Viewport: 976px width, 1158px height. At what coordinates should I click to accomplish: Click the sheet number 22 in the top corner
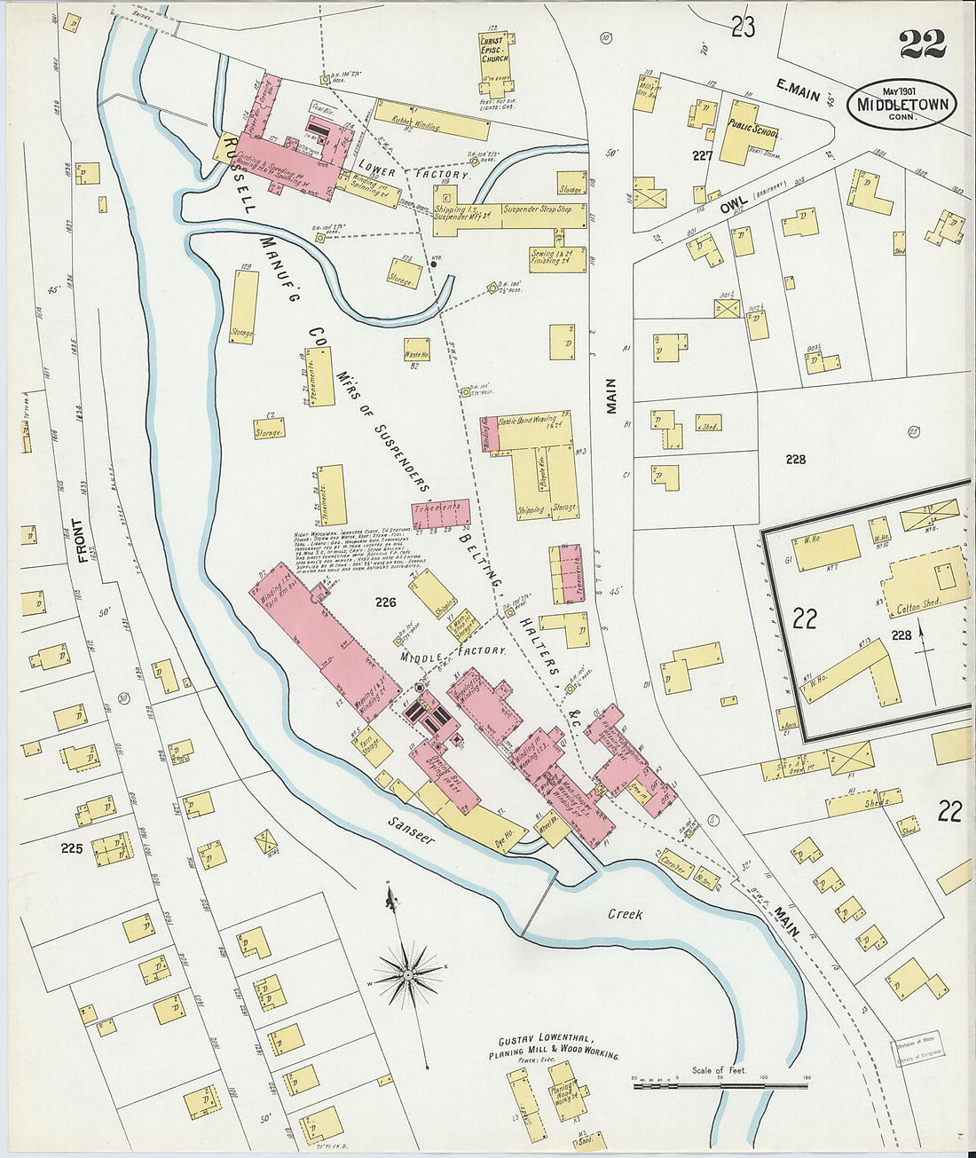[922, 43]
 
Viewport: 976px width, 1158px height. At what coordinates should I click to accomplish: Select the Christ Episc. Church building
[493, 60]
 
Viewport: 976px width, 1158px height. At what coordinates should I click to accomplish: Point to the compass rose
[407, 974]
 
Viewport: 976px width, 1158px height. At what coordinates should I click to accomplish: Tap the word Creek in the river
[625, 914]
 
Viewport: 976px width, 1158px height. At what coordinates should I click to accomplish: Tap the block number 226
[384, 603]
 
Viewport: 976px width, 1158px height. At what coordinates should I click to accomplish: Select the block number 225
[72, 848]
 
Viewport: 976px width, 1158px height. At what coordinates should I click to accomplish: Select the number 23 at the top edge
[743, 28]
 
